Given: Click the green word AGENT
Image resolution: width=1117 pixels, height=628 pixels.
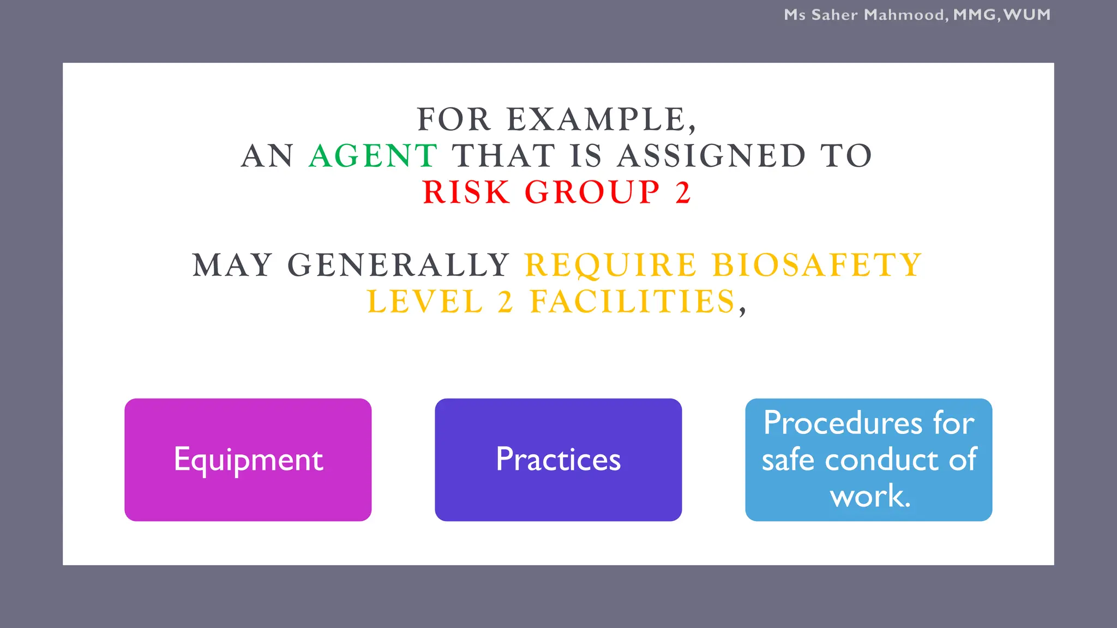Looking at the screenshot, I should click(x=373, y=156).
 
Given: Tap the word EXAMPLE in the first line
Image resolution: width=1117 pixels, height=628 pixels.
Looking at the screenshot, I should click(x=597, y=120).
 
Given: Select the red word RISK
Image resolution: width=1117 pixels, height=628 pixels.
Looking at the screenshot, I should click(x=466, y=192).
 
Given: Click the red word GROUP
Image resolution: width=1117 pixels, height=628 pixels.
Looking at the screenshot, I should click(x=592, y=192).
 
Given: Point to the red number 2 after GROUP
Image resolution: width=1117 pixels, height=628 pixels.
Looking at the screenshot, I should click(x=683, y=192).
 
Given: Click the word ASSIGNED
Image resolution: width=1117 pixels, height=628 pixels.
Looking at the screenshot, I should click(x=711, y=156).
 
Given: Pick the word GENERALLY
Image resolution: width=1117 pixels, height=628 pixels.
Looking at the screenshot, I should click(x=399, y=265).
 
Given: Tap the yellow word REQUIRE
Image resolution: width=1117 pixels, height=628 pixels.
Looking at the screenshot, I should click(x=611, y=265).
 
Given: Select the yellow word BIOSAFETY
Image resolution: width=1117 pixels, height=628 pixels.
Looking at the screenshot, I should click(x=817, y=265).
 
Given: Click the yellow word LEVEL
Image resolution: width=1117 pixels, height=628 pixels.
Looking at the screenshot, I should click(x=425, y=302).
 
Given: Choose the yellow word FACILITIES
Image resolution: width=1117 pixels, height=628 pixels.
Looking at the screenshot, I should click(x=633, y=302).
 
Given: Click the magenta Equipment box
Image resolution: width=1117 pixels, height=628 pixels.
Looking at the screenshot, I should click(x=248, y=460).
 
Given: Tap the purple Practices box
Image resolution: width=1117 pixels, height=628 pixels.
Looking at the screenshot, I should click(x=558, y=460).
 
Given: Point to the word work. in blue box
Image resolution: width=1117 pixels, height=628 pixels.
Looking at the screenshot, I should click(x=869, y=496).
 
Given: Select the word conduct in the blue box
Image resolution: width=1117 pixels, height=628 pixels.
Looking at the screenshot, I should click(x=881, y=460).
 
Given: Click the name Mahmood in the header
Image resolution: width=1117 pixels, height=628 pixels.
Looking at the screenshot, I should click(x=904, y=15).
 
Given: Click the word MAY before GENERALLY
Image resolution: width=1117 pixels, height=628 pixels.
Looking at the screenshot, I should click(x=232, y=265).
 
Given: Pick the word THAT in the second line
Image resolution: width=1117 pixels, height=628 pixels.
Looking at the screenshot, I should click(x=503, y=156).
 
